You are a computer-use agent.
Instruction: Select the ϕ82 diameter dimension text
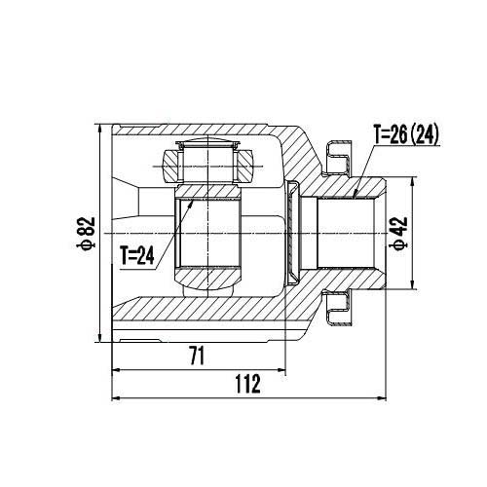coord(87,234)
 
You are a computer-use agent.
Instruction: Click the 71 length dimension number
coord(198,356)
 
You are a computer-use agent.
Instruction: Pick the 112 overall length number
coord(247,385)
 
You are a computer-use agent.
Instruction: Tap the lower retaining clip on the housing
coord(342,310)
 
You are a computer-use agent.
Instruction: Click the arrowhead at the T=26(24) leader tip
coord(356,195)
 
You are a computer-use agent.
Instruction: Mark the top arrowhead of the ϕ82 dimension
coord(100,129)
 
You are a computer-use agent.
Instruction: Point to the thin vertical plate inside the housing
coord(290,233)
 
